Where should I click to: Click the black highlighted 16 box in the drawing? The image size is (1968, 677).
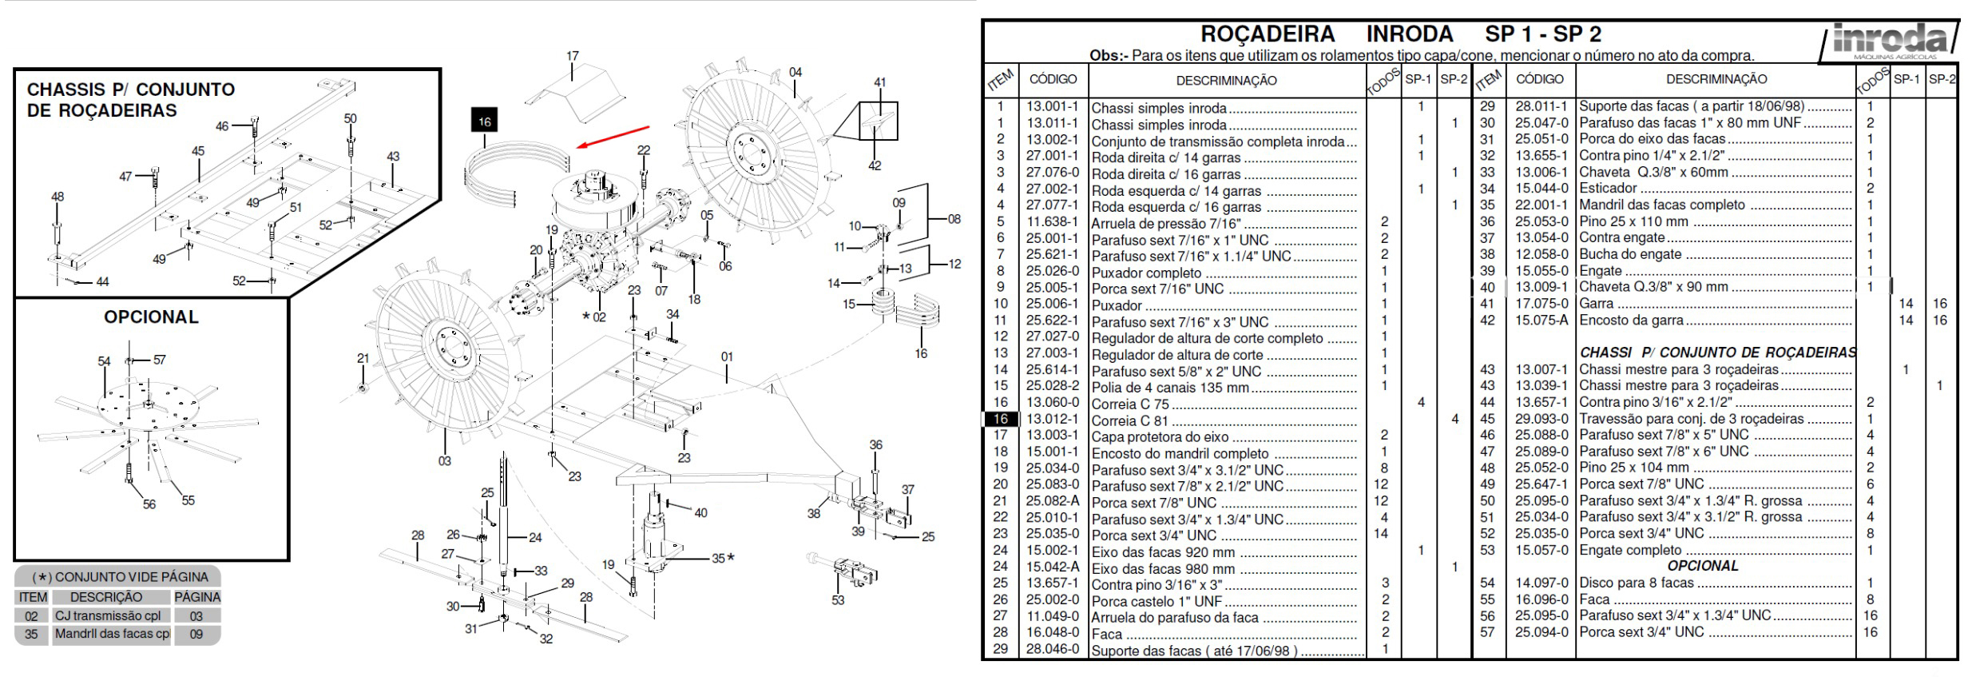[484, 121]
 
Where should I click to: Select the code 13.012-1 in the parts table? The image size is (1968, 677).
[1052, 420]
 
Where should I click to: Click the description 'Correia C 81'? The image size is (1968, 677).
[1129, 421]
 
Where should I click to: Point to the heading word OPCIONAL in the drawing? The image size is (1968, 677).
[151, 317]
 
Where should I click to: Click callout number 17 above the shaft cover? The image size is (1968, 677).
[573, 57]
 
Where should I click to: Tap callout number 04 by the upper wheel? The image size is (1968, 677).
[796, 73]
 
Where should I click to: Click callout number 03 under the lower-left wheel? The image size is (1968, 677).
[445, 461]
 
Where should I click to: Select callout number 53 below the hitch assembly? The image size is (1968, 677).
[838, 600]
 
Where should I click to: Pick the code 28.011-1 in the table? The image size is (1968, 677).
[1541, 106]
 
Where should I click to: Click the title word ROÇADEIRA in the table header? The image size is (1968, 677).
[1268, 34]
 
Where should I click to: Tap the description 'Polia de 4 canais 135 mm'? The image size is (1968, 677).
[1170, 388]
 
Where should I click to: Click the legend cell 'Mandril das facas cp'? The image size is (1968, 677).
[112, 635]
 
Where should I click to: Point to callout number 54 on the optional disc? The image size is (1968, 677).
[104, 361]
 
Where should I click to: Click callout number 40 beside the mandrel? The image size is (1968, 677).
[700, 513]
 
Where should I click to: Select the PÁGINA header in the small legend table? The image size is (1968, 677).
[197, 597]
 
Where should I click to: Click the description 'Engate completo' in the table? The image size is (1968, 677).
[1629, 551]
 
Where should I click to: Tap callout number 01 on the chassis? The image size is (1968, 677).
[727, 357]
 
